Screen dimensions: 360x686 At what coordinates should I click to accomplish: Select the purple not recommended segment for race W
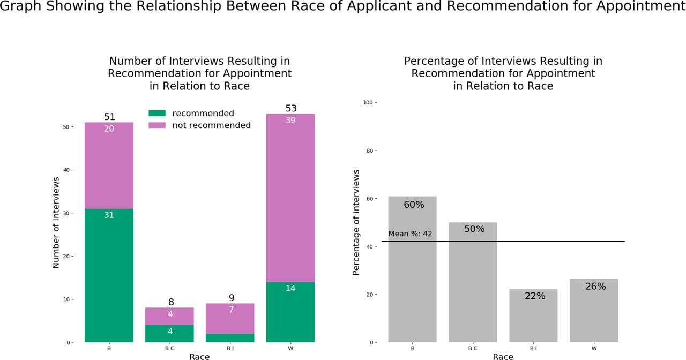(x=290, y=198)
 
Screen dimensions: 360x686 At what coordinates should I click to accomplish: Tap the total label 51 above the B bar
(x=109, y=117)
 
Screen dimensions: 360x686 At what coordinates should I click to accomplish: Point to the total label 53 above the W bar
(x=291, y=109)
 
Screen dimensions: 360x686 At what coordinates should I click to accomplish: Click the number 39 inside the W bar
(x=291, y=121)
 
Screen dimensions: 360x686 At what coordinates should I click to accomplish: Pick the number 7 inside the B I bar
(x=230, y=310)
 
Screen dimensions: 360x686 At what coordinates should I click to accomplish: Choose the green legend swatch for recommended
(x=158, y=114)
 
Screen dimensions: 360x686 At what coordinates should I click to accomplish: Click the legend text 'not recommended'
(x=211, y=125)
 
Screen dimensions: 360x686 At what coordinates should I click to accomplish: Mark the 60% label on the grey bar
(x=414, y=205)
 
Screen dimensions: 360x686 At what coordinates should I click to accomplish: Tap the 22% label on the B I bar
(x=535, y=296)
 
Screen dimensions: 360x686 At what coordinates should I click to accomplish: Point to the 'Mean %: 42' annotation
(x=410, y=234)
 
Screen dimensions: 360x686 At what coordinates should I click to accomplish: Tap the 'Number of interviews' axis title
(x=56, y=222)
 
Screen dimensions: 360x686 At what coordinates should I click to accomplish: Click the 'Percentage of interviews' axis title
(x=356, y=222)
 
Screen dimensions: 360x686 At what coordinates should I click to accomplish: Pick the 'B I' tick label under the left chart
(x=230, y=348)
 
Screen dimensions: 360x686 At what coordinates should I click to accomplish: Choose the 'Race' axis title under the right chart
(x=503, y=356)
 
